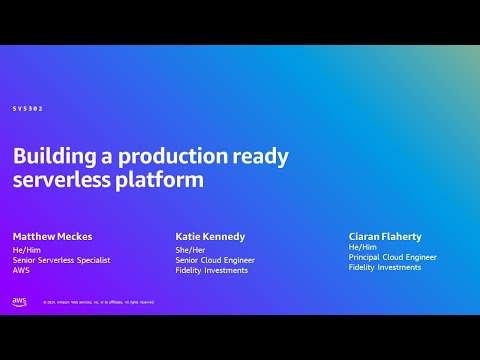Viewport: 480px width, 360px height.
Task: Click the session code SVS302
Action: (x=28, y=108)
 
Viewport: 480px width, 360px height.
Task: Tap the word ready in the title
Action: (x=261, y=157)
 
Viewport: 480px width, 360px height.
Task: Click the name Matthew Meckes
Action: (x=52, y=237)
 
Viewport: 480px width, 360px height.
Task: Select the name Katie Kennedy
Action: (x=210, y=237)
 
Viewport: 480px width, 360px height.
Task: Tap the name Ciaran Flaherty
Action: (x=385, y=237)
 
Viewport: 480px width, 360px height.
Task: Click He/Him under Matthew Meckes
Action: (x=26, y=249)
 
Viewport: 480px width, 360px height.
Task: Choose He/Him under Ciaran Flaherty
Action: (x=362, y=247)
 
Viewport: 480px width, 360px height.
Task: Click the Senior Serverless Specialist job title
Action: (x=61, y=260)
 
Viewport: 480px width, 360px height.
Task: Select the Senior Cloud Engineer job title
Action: (x=215, y=260)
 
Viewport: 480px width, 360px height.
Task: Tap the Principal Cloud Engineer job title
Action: (x=392, y=257)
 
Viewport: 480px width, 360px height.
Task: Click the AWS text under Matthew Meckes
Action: (x=21, y=270)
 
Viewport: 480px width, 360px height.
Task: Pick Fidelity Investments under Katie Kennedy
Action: (x=211, y=270)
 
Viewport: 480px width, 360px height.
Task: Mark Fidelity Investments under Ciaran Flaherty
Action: (x=385, y=267)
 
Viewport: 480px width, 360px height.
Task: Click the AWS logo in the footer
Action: (x=19, y=301)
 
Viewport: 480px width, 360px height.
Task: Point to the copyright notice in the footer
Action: (x=98, y=302)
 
